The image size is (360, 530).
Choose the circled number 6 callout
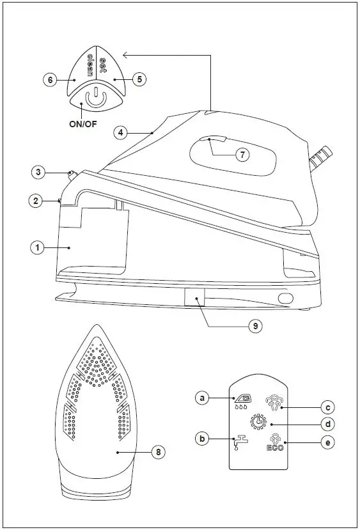tap(50, 80)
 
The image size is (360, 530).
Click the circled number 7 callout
tap(241, 154)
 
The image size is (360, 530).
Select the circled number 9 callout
tap(255, 325)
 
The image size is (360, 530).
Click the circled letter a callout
tap(202, 398)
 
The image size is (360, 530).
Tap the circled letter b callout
tap(202, 439)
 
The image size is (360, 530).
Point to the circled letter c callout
tap(327, 407)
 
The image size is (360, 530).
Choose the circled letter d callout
tap(327, 425)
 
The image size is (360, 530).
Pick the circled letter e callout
tap(327, 442)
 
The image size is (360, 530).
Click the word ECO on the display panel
tap(275, 448)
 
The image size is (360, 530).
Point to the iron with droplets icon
tap(243, 401)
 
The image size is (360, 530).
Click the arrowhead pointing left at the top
tap(125, 55)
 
